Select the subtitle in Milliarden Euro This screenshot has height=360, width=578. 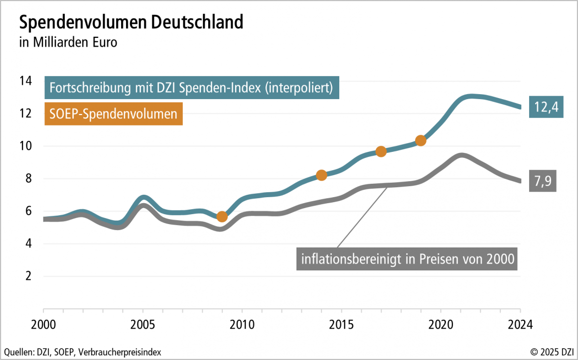(x=68, y=42)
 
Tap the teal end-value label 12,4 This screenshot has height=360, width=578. (x=546, y=107)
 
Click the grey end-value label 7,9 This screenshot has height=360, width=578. (x=542, y=181)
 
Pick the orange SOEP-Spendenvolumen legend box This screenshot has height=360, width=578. (x=113, y=114)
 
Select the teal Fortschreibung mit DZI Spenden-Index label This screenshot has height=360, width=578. (x=192, y=88)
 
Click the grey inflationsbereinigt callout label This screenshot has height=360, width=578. (x=407, y=259)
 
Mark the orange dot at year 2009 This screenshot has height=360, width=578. (x=222, y=216)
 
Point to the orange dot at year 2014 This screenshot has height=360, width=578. (x=321, y=175)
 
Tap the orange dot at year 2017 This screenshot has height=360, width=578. (x=381, y=151)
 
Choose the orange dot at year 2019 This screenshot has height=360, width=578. (x=421, y=140)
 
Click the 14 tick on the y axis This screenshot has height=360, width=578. (x=25, y=81)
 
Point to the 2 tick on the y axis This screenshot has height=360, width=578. (x=28, y=276)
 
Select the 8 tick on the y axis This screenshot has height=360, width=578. (x=28, y=179)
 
